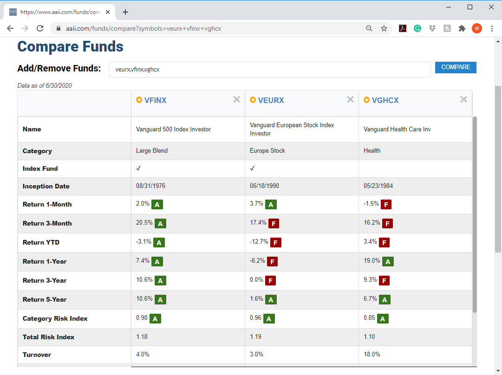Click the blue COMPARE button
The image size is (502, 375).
pos(456,67)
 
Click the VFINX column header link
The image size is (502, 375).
pos(155,100)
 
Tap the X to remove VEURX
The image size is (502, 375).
pos(350,99)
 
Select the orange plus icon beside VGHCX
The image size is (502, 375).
pos(366,100)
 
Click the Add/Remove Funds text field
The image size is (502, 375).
pos(269,70)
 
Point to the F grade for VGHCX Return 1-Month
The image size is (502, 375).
pos(386,205)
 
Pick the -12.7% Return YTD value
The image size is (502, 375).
pos(259,242)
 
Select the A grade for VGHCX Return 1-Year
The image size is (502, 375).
pos(388,262)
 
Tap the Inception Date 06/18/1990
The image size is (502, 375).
pos(264,186)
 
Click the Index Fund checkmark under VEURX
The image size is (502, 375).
pos(252,168)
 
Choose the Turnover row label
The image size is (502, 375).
pos(37,355)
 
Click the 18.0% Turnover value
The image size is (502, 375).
pos(372,354)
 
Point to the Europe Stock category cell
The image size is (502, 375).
pos(267,151)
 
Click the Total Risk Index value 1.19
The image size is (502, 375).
pos(255,336)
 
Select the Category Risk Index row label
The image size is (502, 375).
pos(55,319)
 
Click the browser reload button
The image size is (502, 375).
pos(40,28)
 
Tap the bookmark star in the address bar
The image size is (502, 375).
pos(384,28)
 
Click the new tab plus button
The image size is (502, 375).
pos(125,12)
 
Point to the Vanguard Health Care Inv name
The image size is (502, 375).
pos(398,129)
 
